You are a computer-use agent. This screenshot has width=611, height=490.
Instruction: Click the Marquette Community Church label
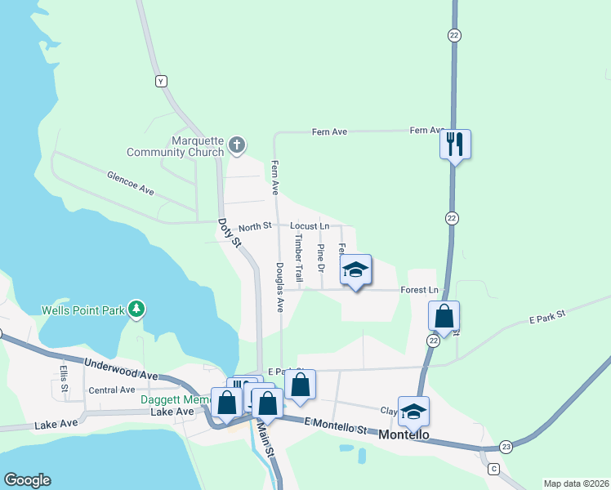click(175, 146)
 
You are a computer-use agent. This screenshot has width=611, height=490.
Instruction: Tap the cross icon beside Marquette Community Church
click(237, 146)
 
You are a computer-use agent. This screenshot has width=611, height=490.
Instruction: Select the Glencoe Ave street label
click(131, 183)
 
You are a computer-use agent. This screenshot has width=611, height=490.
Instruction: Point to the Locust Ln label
click(310, 225)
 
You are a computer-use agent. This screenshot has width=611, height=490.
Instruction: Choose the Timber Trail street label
click(299, 257)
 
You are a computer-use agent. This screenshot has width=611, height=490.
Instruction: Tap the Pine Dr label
click(321, 257)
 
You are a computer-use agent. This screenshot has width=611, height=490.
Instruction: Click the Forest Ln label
click(420, 290)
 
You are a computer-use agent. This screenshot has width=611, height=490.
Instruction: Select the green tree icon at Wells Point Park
click(140, 309)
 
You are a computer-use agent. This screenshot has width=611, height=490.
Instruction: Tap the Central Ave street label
click(112, 390)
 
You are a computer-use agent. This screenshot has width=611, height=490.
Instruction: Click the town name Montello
click(404, 435)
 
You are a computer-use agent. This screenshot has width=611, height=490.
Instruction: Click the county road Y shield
click(161, 81)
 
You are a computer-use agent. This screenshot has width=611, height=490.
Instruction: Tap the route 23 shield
click(506, 446)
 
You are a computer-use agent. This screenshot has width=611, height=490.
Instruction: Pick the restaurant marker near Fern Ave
click(455, 145)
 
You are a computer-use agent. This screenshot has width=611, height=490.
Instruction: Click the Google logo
click(27, 480)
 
